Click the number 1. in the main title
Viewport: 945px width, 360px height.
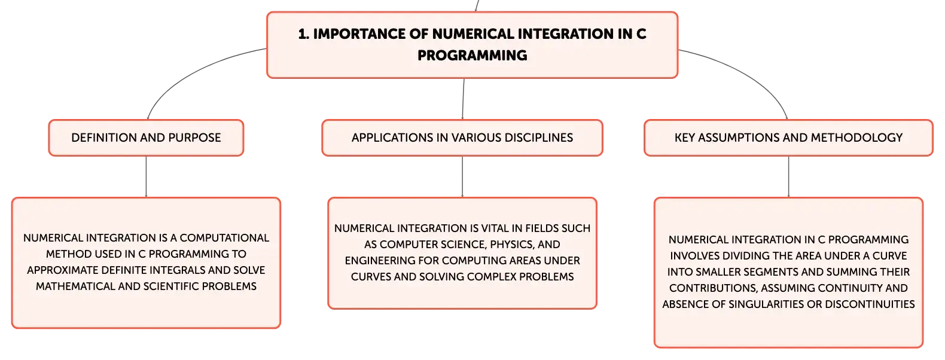(x=303, y=34)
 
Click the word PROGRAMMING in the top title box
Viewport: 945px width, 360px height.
(x=472, y=55)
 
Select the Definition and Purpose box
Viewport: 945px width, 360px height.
(x=146, y=138)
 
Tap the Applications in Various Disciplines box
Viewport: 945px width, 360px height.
(x=462, y=138)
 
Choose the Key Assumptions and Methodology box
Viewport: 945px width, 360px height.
(x=788, y=138)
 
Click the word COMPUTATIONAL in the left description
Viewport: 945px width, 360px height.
(x=224, y=238)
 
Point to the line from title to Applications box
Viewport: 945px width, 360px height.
(x=463, y=99)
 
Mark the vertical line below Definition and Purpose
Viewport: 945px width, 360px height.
(x=147, y=177)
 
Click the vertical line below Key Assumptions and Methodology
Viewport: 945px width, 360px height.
(x=788, y=177)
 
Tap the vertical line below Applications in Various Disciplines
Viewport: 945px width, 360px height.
(x=462, y=177)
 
